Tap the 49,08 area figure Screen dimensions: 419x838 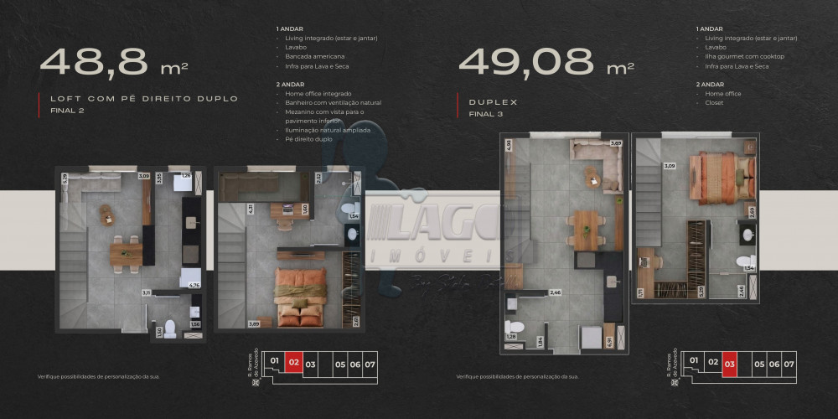[x=528, y=61]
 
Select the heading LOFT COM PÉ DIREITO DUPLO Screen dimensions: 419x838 [x=144, y=99]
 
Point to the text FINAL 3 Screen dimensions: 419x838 [x=485, y=113]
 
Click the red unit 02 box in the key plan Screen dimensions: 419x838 [x=292, y=364]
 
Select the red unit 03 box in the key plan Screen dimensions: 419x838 [x=729, y=364]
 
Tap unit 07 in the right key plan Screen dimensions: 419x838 [x=788, y=364]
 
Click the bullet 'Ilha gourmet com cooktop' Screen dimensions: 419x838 [x=745, y=57]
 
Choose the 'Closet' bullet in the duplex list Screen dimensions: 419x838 [x=715, y=103]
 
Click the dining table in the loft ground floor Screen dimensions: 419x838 [x=124, y=254]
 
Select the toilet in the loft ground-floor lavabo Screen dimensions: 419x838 [x=169, y=326]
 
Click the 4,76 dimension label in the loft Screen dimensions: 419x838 [x=194, y=286]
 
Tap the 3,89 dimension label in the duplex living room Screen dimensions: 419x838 [x=616, y=144]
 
